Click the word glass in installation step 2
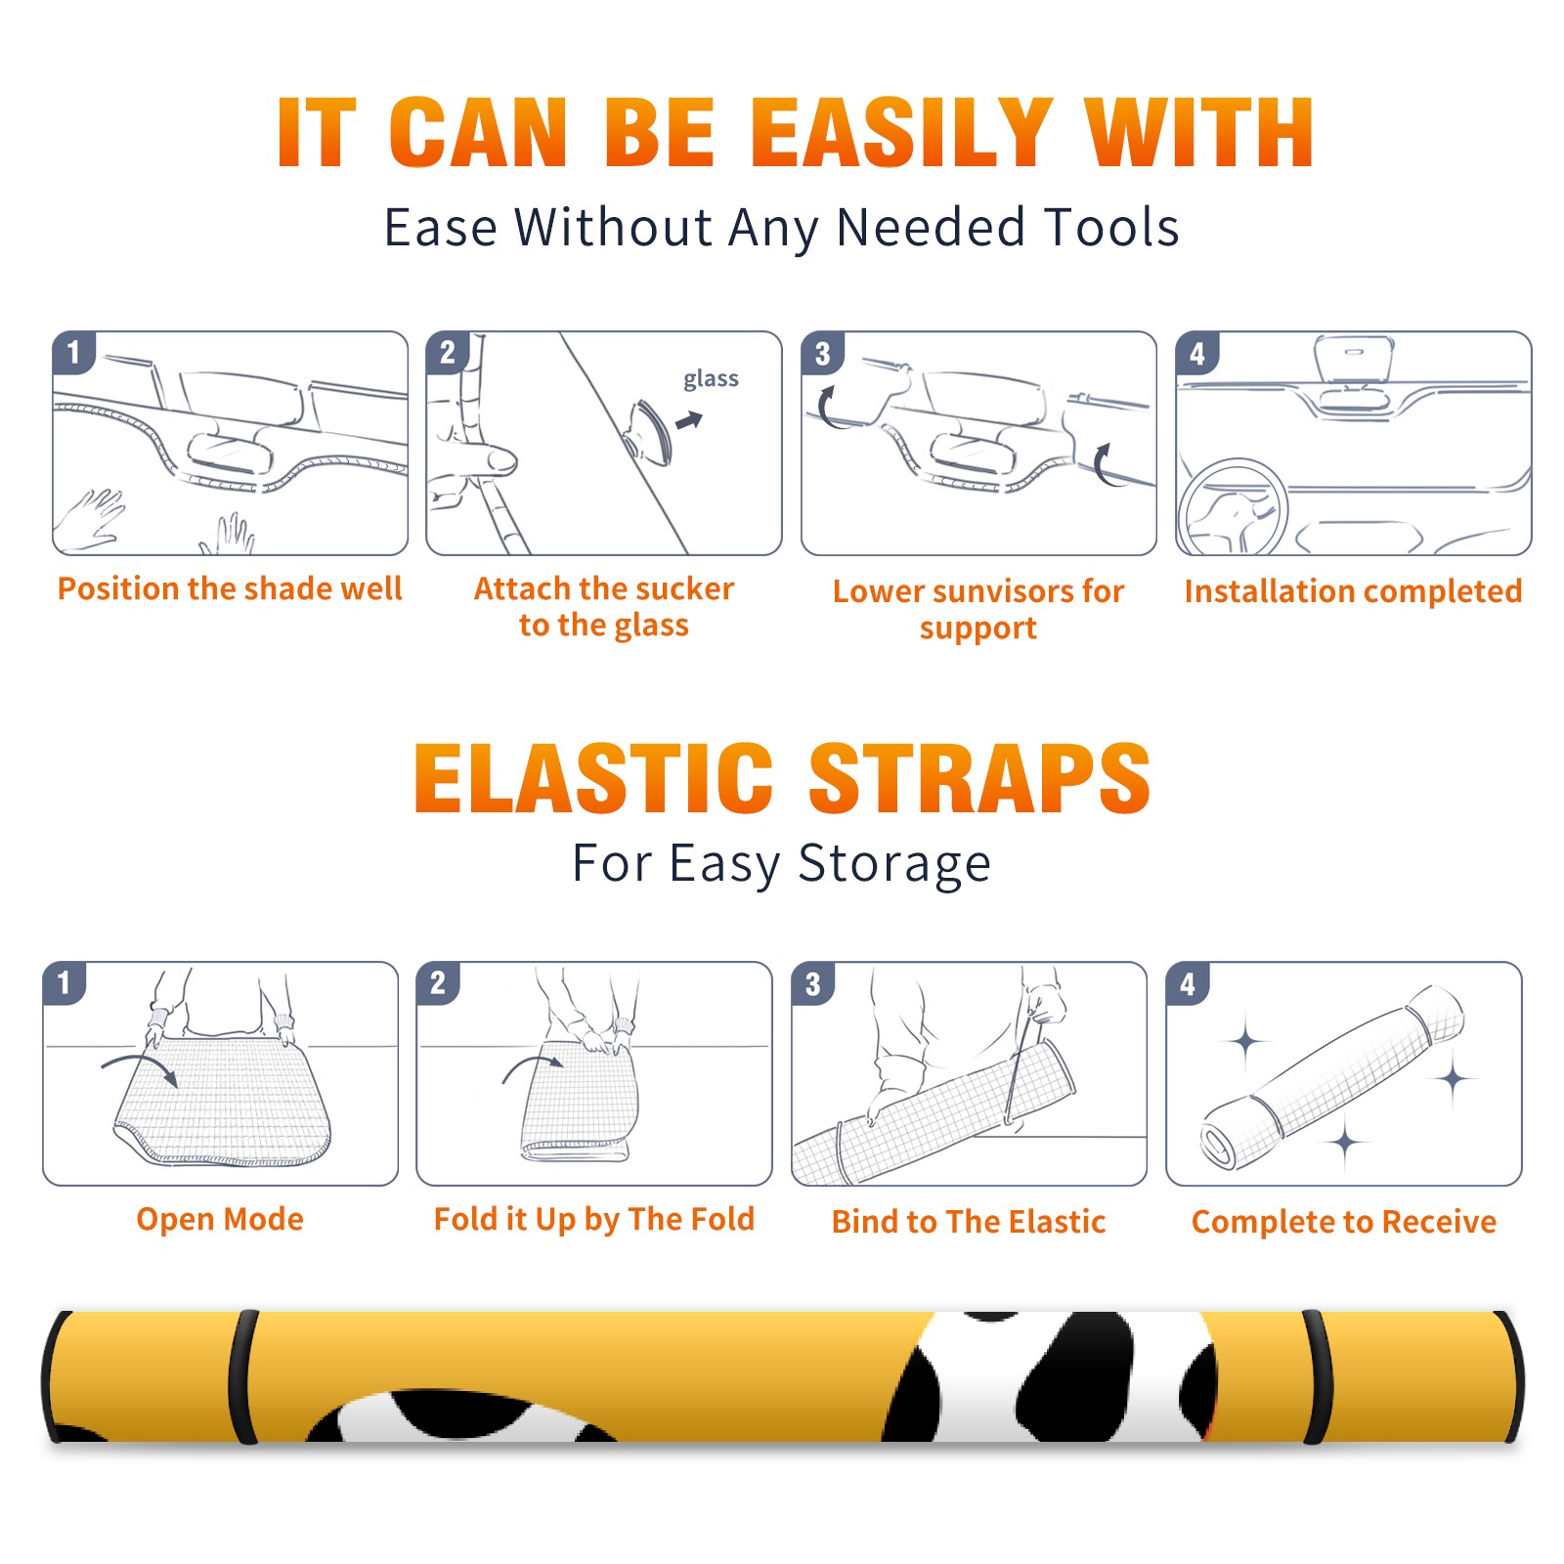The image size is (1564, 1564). [x=711, y=379]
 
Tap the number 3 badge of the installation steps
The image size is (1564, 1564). [x=822, y=353]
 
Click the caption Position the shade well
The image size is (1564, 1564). [x=230, y=588]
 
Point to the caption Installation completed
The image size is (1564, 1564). [x=1353, y=591]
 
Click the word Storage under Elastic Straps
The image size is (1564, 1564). [x=894, y=864]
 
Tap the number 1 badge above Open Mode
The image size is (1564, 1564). [x=65, y=982]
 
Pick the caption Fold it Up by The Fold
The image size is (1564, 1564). [x=594, y=1219]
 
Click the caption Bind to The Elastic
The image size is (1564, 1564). [x=969, y=1222]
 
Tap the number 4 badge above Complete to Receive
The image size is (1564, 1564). [x=1188, y=983]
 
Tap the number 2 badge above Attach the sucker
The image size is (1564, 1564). [x=448, y=353]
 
